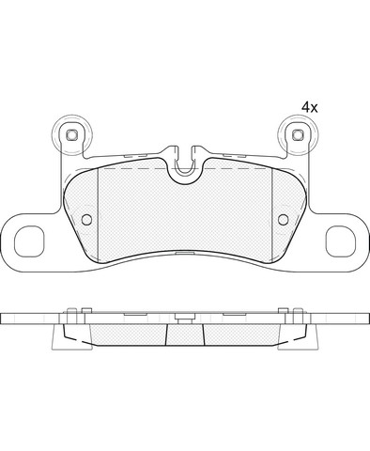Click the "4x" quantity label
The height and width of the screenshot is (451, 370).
click(309, 107)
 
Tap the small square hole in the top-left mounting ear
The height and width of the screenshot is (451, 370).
click(71, 135)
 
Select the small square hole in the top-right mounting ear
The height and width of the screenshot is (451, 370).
click(298, 135)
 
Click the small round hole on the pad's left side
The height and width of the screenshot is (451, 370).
click(86, 219)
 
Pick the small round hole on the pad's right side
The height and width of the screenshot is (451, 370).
click(284, 219)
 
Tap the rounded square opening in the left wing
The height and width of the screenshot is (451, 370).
click(29, 241)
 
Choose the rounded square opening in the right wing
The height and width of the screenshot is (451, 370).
click(341, 241)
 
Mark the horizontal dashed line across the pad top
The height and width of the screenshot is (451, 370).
click(185, 168)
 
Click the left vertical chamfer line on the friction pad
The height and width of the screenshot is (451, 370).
click(99, 214)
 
